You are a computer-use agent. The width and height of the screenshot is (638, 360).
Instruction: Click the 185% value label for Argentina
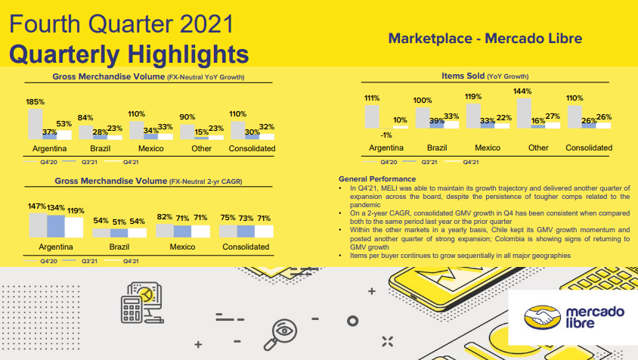click(36, 101)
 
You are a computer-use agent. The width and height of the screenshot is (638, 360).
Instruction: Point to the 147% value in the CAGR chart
click(37, 206)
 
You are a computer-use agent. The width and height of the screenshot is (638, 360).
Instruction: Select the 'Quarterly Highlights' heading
click(129, 54)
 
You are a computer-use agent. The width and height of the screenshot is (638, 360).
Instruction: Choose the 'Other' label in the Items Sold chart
click(538, 147)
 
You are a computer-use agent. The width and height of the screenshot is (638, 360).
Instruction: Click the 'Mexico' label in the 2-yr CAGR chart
click(182, 247)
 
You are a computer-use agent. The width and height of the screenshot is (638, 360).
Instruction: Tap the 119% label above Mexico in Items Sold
click(474, 97)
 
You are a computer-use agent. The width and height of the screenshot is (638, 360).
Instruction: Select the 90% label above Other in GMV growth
click(187, 117)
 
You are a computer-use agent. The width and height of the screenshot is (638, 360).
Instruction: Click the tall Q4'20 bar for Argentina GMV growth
click(36, 123)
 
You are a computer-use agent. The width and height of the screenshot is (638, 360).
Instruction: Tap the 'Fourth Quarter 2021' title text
click(120, 24)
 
